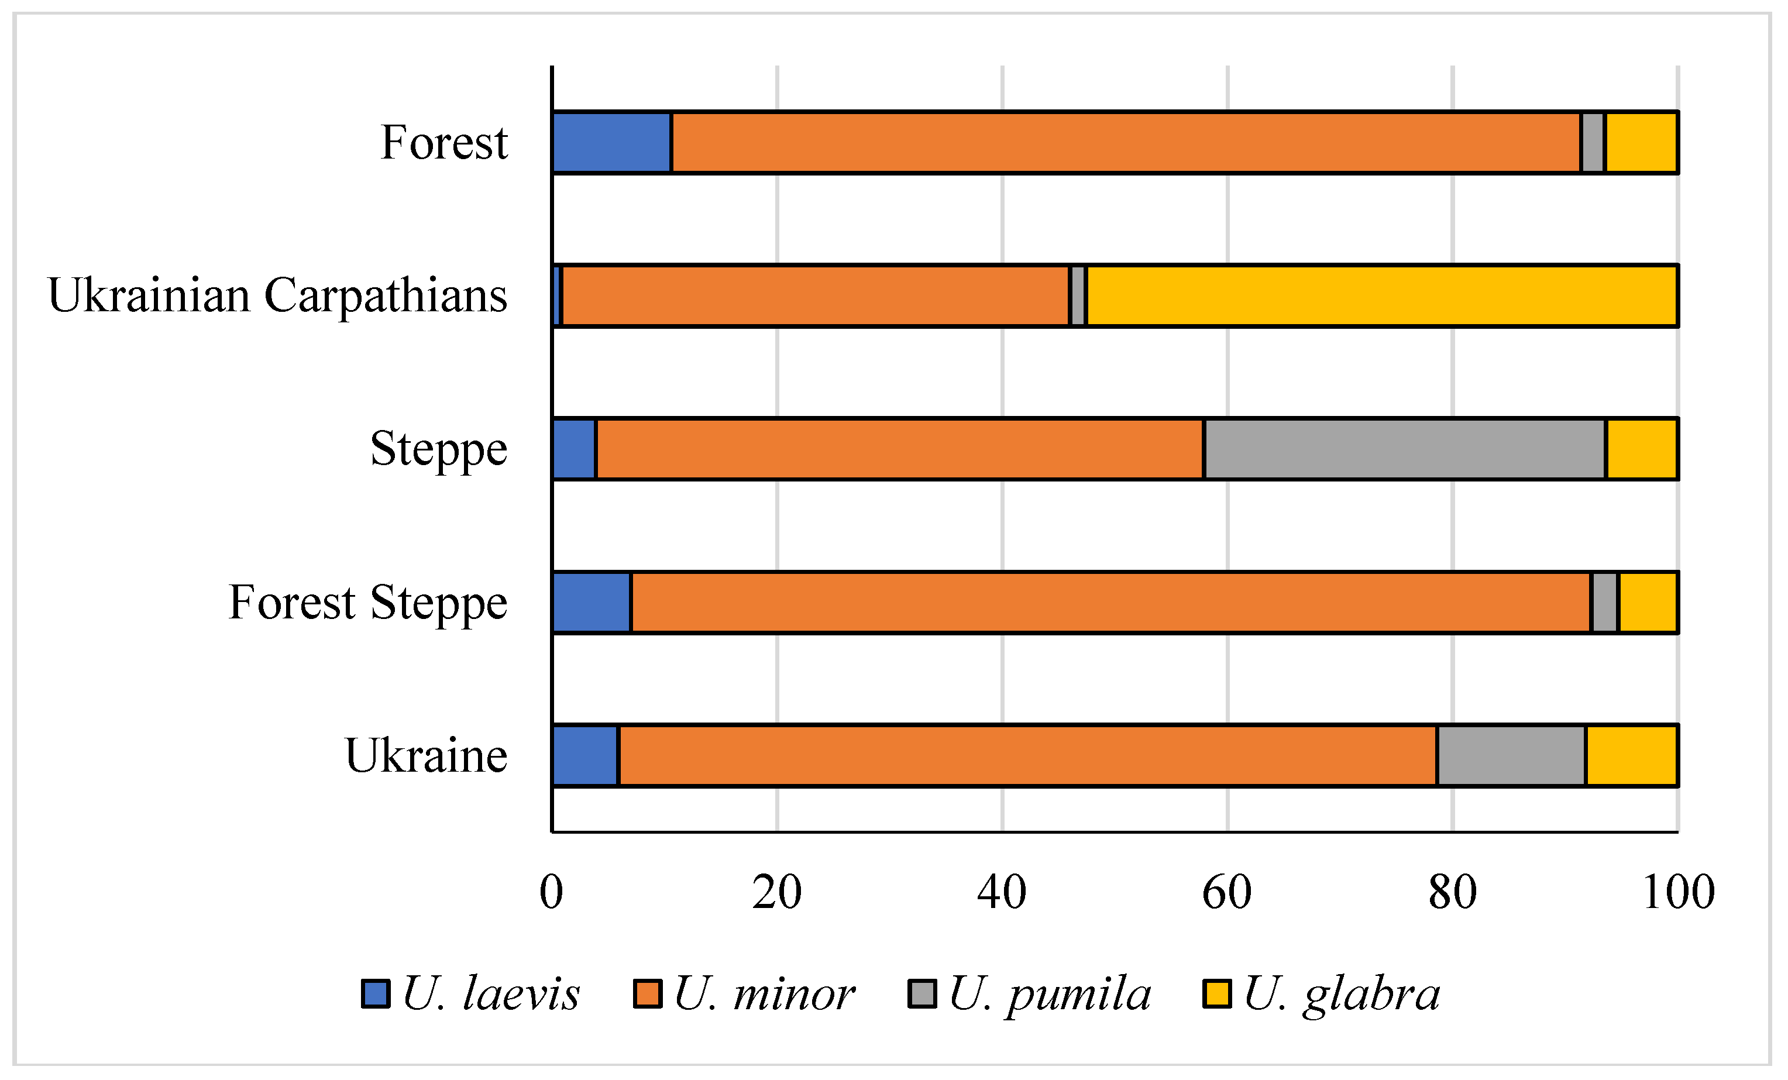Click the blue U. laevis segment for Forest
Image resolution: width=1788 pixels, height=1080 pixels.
coord(611,142)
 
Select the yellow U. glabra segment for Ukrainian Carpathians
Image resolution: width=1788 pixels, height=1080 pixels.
coord(1381,296)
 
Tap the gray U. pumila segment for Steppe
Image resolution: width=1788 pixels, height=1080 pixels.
coord(1405,449)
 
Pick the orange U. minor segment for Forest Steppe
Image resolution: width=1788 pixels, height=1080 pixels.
coord(1110,603)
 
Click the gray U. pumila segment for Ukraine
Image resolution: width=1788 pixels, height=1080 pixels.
coord(1511,755)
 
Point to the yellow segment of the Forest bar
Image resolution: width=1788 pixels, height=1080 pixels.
coord(1641,142)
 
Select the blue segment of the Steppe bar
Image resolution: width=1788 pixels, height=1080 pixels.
coord(574,449)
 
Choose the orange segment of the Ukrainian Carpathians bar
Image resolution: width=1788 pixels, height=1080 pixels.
coord(815,296)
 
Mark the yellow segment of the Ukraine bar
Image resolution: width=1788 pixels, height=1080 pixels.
coord(1631,755)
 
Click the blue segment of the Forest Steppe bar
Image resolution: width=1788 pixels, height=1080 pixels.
coord(592,603)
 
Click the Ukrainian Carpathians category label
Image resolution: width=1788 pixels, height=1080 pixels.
coord(277,295)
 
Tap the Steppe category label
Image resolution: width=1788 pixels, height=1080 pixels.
coord(438,449)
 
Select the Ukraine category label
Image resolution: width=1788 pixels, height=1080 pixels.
coord(426,755)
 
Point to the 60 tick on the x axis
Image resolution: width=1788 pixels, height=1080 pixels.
coord(1227,893)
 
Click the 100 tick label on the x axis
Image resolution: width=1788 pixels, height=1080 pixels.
coord(1677,893)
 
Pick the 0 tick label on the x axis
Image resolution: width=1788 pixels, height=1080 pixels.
coord(552,893)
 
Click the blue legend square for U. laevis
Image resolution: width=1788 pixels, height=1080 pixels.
coord(376,993)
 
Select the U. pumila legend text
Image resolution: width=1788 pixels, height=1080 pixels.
coord(1049,993)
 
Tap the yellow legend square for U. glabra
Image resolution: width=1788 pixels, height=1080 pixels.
coord(1217,993)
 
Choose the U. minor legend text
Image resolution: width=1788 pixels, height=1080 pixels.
coord(764,993)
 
